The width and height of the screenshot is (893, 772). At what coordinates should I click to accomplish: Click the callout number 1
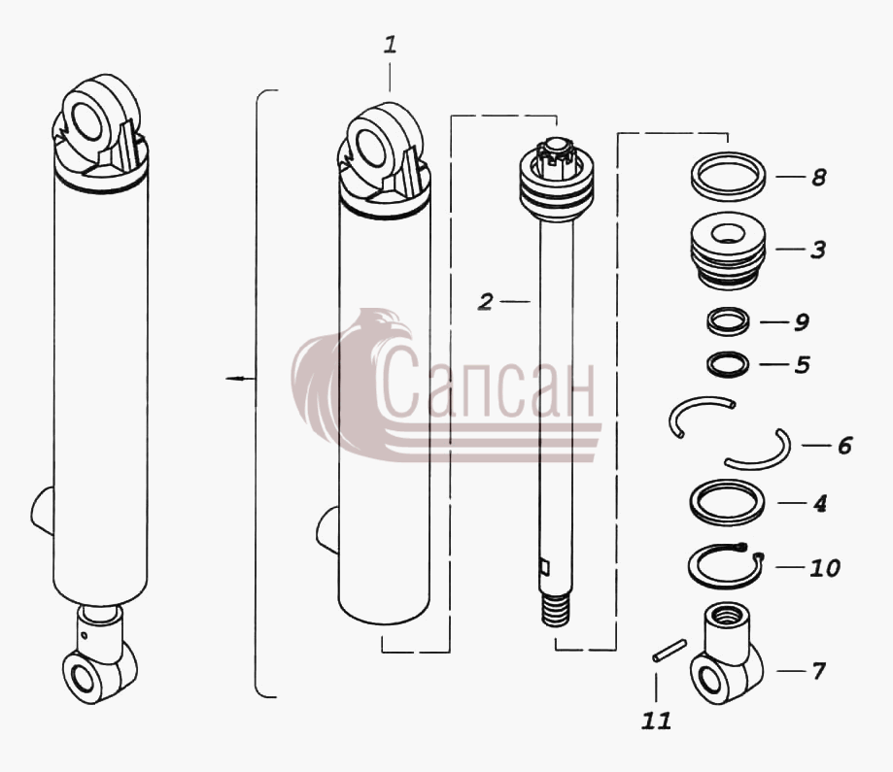(390, 45)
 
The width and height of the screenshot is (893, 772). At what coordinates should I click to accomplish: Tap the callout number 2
(485, 302)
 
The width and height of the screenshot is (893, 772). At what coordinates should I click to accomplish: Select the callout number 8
(818, 177)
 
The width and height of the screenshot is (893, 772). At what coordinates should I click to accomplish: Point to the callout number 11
(656, 722)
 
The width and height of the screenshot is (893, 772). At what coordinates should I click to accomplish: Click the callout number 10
(825, 568)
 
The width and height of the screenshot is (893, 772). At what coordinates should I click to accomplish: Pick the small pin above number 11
(670, 651)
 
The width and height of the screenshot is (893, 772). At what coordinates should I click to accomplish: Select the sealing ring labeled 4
(727, 502)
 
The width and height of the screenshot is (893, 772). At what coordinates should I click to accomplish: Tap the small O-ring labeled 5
(728, 364)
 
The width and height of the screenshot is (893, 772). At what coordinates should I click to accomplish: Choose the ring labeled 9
(728, 321)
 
